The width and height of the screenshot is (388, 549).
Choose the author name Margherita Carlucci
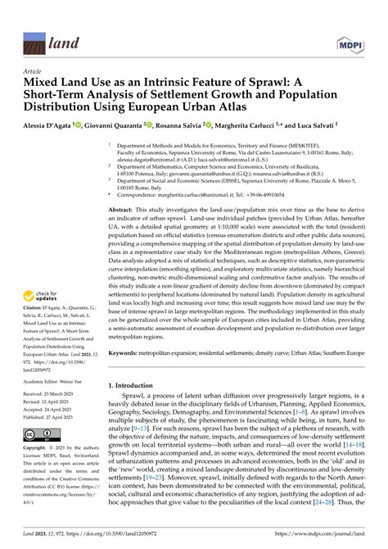point(261,125)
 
